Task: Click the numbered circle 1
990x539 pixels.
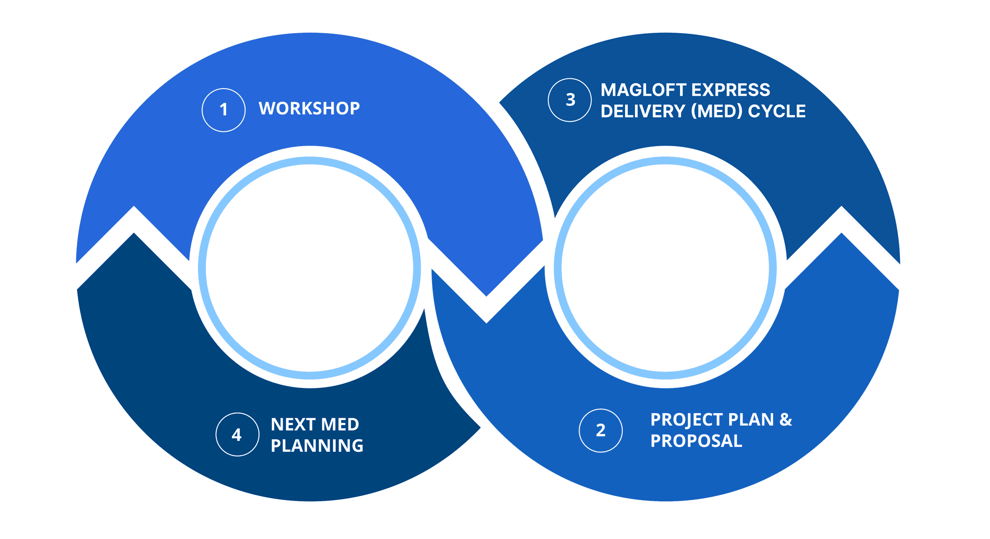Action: click(223, 110)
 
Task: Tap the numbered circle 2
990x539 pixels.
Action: click(600, 431)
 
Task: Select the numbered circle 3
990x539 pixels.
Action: click(570, 100)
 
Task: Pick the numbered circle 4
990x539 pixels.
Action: click(237, 434)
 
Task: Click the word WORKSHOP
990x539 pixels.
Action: click(309, 108)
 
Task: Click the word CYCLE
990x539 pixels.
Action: click(777, 111)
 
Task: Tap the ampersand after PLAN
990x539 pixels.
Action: click(786, 420)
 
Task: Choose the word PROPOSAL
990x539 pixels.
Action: click(696, 441)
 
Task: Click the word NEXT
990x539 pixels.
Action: click(293, 425)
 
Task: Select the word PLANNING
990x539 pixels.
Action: click(317, 446)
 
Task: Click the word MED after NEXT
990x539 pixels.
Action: click(340, 425)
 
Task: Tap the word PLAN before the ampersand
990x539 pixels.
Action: click(752, 420)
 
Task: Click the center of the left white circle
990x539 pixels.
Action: click(309, 268)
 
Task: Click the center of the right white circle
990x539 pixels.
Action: click(665, 268)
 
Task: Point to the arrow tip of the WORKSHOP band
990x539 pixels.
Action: click(487, 295)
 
